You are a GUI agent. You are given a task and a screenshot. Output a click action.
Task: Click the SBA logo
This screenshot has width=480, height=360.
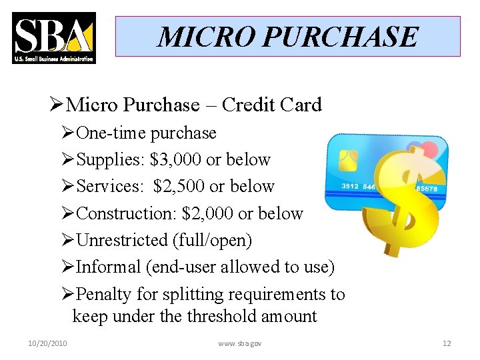point(53,37)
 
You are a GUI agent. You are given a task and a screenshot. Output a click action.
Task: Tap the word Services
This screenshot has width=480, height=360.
point(107,187)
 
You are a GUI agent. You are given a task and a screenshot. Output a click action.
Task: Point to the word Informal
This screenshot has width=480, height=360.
point(107,267)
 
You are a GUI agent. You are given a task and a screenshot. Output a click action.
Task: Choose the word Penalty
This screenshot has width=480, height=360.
point(104,293)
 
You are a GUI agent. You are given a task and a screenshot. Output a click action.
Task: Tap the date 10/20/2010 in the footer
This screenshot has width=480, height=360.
point(48,343)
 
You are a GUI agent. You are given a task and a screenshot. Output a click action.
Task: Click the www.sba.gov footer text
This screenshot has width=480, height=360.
point(240,343)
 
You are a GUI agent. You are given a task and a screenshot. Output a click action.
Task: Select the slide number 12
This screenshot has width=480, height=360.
point(447,343)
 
